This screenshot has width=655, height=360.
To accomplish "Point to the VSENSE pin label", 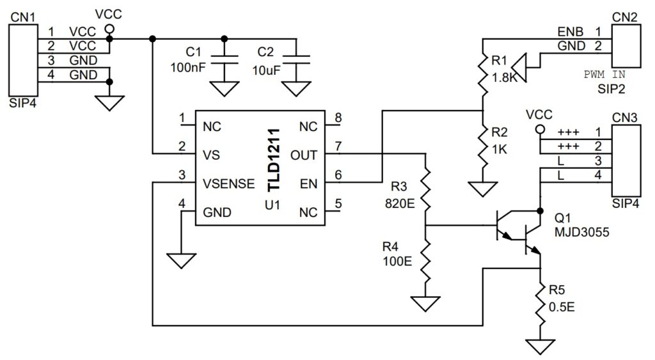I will click(x=229, y=184).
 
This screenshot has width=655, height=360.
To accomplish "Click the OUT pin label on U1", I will click(x=304, y=154).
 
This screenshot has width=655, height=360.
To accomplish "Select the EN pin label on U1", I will click(x=310, y=184).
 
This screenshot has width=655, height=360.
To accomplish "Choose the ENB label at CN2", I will click(x=571, y=31).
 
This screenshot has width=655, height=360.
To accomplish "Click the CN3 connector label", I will click(x=625, y=118).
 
